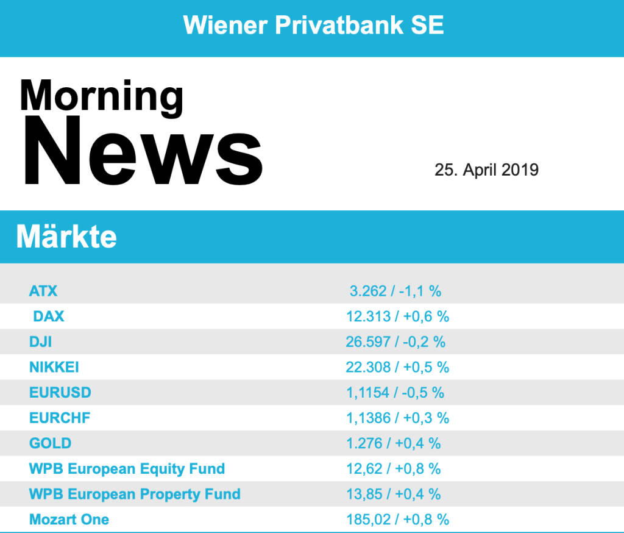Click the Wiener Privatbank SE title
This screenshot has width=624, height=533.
click(313, 26)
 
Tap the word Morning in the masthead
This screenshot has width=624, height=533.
click(101, 96)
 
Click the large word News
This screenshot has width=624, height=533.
click(144, 152)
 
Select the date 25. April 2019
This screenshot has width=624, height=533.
click(486, 170)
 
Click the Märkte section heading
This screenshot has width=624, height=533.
click(66, 237)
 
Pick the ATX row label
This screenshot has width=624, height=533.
click(43, 291)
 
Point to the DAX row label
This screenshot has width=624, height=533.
click(49, 317)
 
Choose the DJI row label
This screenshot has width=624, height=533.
click(40, 342)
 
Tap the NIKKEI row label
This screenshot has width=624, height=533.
click(54, 367)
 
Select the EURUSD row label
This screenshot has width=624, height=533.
click(60, 393)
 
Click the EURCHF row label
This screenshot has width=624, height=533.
click(60, 418)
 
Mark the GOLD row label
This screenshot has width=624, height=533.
click(50, 443)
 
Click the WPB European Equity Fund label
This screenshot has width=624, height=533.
click(127, 469)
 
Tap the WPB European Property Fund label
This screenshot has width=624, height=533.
click(135, 494)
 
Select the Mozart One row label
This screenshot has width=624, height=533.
click(69, 520)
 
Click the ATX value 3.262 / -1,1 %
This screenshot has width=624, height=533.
click(395, 291)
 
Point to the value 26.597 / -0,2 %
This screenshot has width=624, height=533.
click(395, 342)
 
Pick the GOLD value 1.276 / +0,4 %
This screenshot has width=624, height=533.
click(394, 443)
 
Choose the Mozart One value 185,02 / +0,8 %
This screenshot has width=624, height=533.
click(397, 520)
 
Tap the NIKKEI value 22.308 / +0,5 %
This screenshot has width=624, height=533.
click(397, 367)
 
